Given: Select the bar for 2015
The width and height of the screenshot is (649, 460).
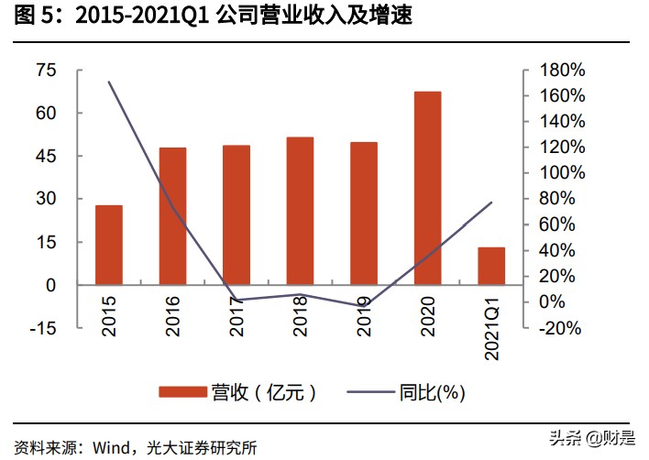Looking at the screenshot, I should (x=109, y=245).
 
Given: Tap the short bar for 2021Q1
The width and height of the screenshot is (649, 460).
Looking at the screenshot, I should (x=491, y=266).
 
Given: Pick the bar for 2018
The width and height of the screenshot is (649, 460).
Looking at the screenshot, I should (x=300, y=211).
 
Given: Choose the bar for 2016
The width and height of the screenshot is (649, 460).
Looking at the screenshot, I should (x=172, y=216).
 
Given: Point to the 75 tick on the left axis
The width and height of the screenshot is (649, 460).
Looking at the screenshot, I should (x=45, y=71).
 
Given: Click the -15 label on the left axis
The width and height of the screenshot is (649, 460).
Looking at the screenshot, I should (x=42, y=328).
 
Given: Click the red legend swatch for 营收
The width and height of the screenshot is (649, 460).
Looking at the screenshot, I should (x=181, y=392).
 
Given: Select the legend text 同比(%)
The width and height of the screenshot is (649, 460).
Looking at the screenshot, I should (x=433, y=392).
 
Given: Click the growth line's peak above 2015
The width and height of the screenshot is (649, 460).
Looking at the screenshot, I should (x=109, y=82).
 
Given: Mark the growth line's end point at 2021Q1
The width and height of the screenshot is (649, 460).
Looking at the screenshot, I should (x=491, y=203).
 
